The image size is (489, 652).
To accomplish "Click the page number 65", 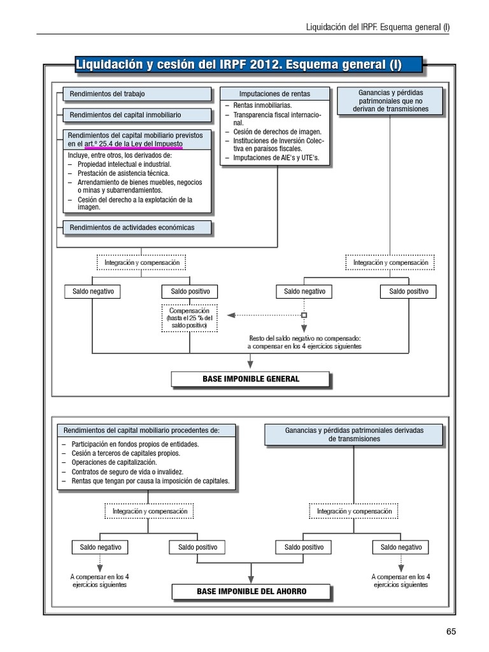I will tap(451, 632).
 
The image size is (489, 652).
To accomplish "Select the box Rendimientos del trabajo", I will tap(137, 94).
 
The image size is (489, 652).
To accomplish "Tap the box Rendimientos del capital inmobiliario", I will tap(137, 115).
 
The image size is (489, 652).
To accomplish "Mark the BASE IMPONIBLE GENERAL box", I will tap(250, 379).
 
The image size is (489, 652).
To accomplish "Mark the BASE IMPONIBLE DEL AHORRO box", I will tap(251, 592).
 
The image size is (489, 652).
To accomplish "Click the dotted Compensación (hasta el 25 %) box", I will tap(190, 318).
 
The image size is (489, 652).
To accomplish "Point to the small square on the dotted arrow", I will tap(304, 315).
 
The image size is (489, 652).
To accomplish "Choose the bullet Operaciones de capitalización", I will tap(114, 463).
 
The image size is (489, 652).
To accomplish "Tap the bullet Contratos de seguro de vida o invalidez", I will tap(127, 472).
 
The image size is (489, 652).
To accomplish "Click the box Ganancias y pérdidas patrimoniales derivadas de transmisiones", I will tap(354, 435).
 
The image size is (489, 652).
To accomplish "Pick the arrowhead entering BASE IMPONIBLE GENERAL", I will tap(250, 364).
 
